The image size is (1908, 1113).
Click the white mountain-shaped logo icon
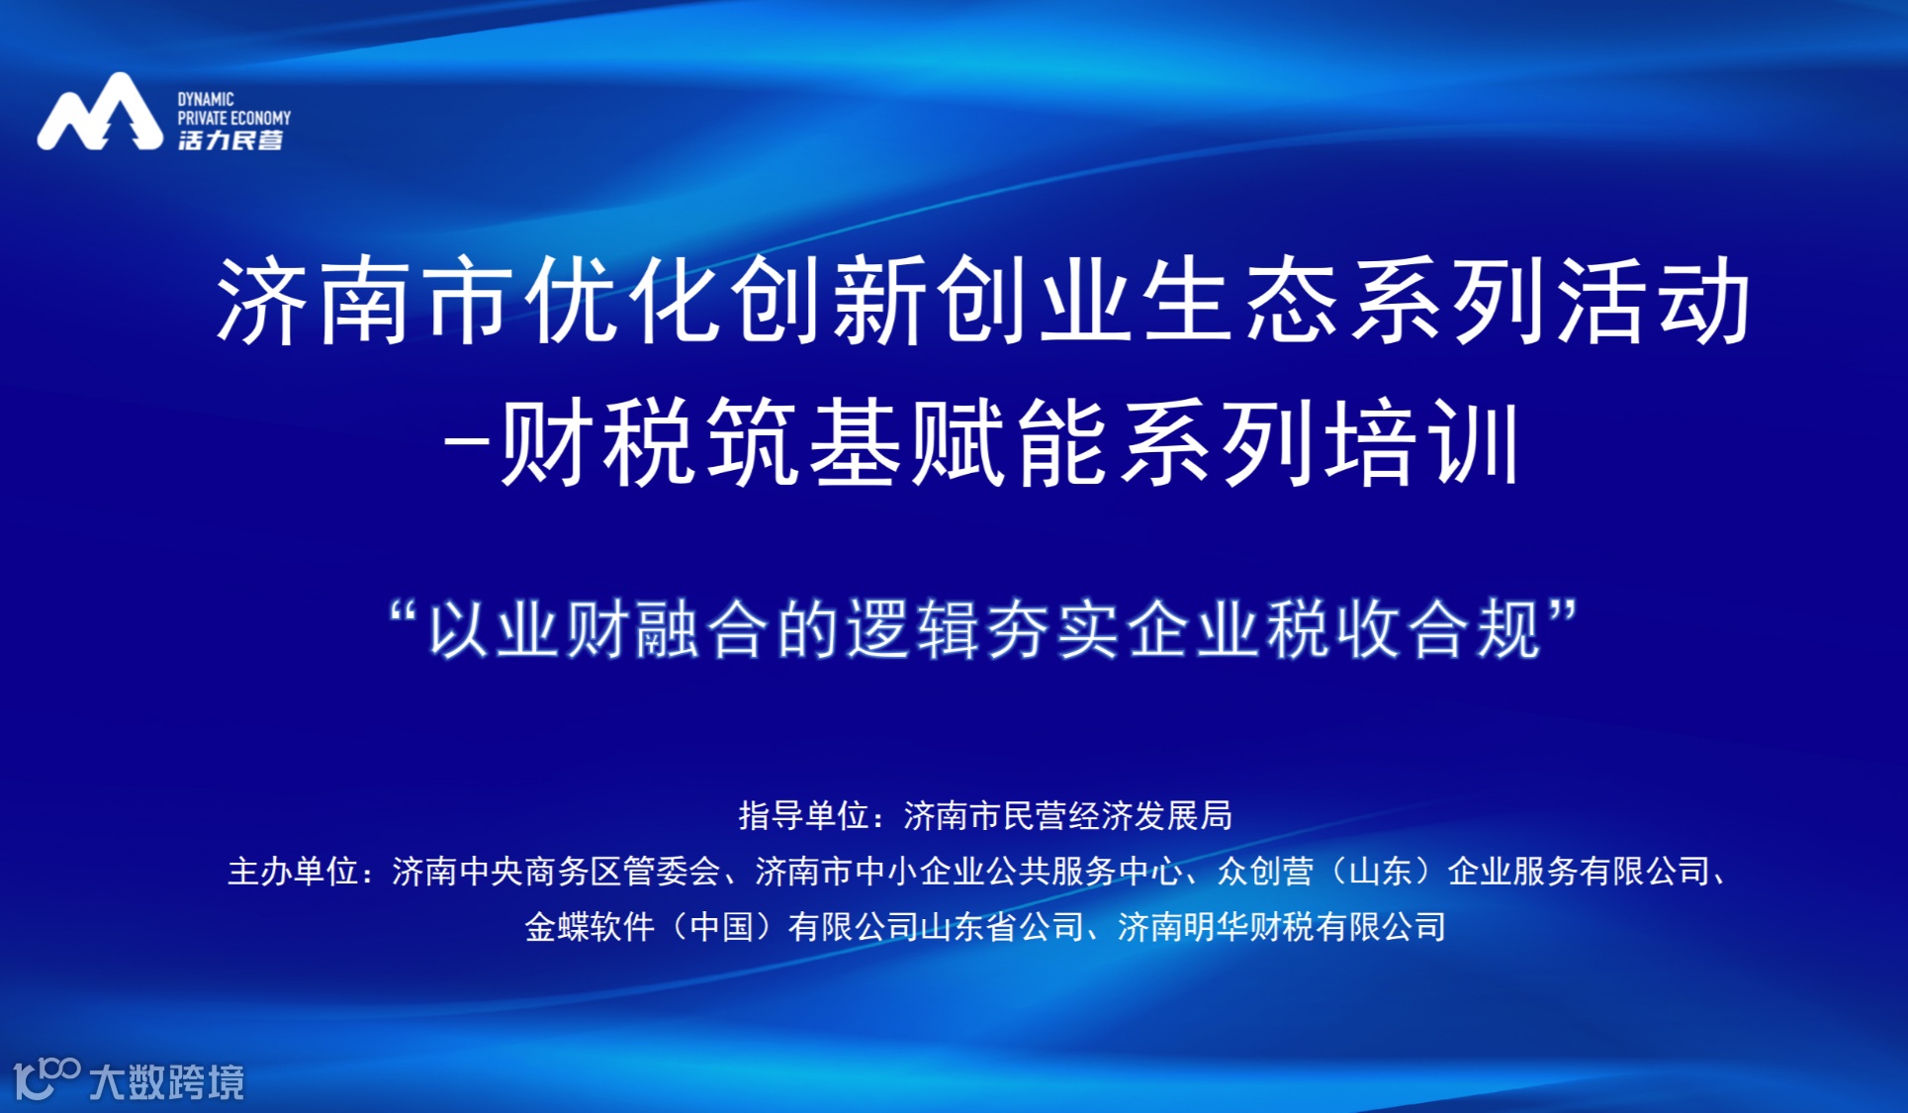pyautogui.click(x=100, y=113)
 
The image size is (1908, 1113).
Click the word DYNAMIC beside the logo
pyautogui.click(x=206, y=99)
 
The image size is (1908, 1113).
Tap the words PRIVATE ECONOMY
pyautogui.click(x=234, y=118)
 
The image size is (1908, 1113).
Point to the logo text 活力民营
pyautogui.click(x=230, y=140)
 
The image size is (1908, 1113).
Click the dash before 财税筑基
pyautogui.click(x=467, y=441)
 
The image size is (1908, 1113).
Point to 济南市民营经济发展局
pyautogui.click(x=1068, y=815)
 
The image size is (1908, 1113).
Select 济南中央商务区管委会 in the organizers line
pyautogui.click(x=556, y=872)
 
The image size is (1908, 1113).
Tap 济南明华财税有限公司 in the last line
pyautogui.click(x=1282, y=927)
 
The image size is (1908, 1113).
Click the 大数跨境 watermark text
pyautogui.click(x=166, y=1081)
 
